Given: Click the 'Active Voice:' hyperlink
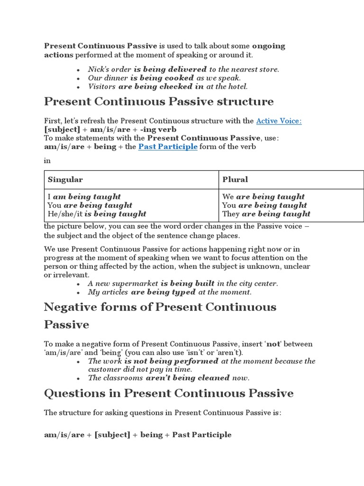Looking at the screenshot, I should (279, 121).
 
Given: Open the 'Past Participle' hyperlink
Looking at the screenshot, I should (168, 147).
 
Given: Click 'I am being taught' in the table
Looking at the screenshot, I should (84, 196).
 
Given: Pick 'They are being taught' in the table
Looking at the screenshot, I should (266, 214).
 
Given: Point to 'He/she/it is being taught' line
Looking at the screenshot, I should (97, 214).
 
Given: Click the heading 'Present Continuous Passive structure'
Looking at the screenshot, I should (159, 102).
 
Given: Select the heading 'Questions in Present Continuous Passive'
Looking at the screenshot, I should (169, 393).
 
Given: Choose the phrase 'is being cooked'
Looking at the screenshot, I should (162, 78).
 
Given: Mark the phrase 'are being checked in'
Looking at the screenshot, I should (161, 86).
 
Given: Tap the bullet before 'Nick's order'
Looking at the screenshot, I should (78, 70).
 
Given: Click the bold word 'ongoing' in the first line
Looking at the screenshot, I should (268, 46).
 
